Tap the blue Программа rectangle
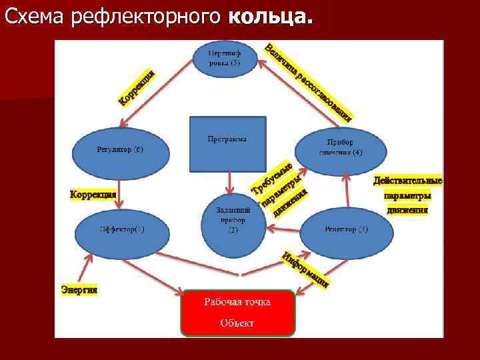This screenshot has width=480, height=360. [227, 143]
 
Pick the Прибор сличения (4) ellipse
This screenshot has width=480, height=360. [340, 149]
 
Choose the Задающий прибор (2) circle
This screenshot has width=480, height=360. [233, 220]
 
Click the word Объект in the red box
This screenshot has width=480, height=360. [237, 323]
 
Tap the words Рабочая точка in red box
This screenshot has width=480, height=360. [237, 302]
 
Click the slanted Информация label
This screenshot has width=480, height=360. [305, 271]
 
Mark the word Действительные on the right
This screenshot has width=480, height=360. [407, 181]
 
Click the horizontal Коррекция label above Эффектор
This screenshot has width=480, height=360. [93, 194]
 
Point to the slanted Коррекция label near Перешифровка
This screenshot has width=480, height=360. [137, 88]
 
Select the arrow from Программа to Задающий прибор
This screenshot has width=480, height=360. [229, 181]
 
